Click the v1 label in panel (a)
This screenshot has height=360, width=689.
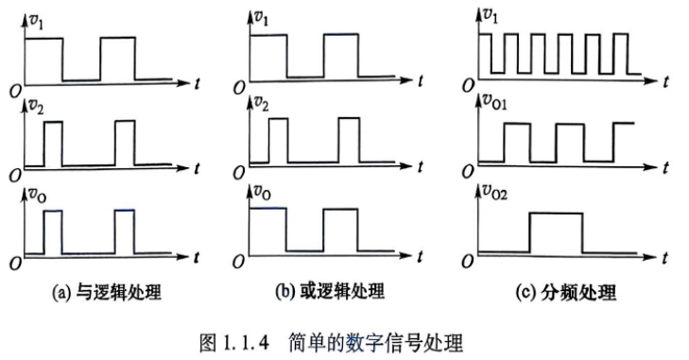tap(36, 22)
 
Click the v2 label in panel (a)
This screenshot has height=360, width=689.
tap(36, 107)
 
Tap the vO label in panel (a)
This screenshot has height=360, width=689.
tap(38, 195)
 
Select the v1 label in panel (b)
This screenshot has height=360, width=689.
tap(262, 19)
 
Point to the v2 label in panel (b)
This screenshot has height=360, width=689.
tap(262, 104)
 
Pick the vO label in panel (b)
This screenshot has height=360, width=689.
tap(263, 192)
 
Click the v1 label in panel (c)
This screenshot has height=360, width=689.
tap(490, 16)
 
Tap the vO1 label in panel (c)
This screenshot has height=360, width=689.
tap(495, 102)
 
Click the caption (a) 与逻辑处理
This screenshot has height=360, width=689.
tap(107, 292)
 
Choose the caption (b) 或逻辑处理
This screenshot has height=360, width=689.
tap(330, 291)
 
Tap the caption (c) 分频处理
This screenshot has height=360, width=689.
tap(566, 292)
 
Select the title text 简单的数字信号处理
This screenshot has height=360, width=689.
tap(376, 343)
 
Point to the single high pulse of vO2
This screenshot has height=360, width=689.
tap(557, 214)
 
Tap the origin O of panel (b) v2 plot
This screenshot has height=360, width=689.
tap(238, 173)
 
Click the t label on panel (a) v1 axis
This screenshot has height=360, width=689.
tap(197, 83)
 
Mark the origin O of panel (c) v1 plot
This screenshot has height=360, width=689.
tap(468, 86)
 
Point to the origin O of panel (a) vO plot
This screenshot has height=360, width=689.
tap(15, 263)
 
